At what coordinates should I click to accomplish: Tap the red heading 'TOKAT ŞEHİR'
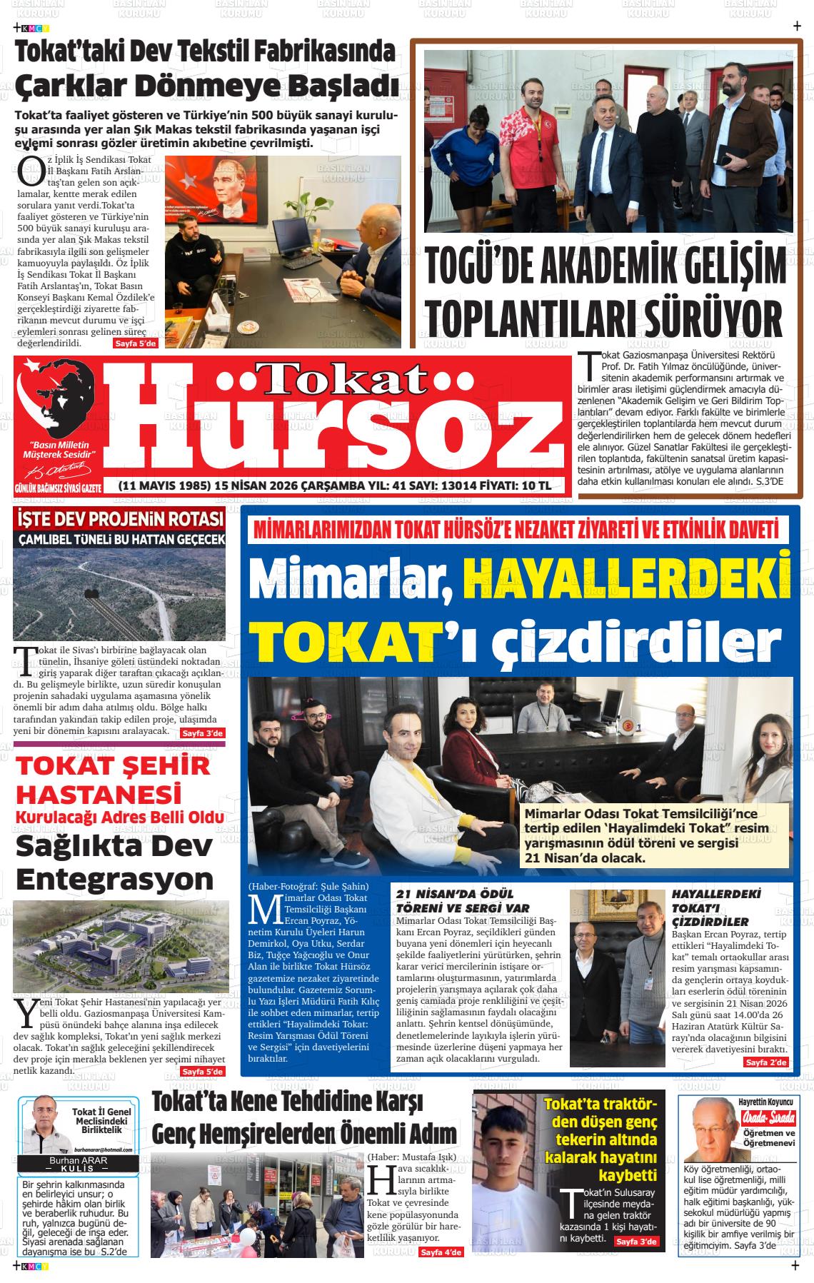tap(114, 767)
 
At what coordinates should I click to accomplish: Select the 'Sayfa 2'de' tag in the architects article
tap(766, 1063)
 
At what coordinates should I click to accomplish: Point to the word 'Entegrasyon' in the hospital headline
tap(114, 878)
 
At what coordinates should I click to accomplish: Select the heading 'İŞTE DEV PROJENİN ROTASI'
tap(120, 518)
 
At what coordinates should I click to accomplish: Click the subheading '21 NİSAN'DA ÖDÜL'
tap(455, 894)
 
